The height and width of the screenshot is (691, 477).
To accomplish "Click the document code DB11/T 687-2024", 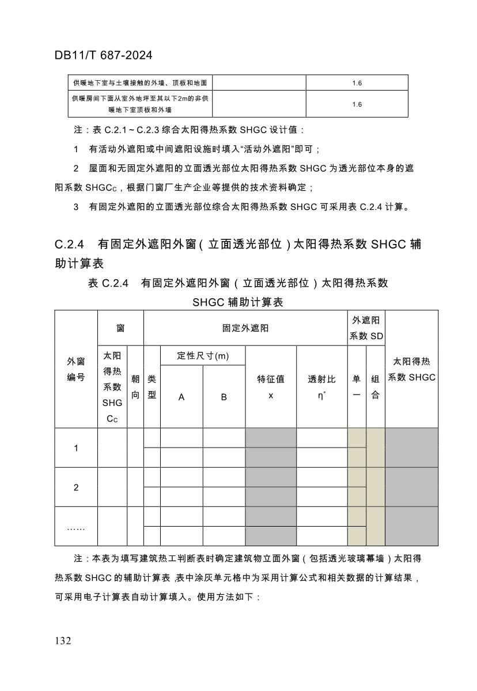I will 104,55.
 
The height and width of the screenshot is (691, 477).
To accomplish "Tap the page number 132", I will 63,641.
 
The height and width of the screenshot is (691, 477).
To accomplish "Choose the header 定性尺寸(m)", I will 203,356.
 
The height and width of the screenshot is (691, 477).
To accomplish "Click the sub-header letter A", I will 181,397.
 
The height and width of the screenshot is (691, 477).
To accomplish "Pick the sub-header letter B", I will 224,397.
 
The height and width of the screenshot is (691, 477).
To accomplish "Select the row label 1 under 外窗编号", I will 76,448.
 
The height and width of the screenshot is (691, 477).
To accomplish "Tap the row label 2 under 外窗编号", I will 76,487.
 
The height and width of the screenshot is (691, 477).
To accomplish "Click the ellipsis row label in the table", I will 76,527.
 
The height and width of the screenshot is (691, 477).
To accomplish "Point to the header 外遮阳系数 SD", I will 366,328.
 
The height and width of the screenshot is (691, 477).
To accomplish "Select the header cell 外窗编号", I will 76,369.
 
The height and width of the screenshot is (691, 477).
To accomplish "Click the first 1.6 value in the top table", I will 357,83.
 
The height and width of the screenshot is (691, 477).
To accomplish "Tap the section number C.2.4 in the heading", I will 70,245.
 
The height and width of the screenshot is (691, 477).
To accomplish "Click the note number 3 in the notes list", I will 76,207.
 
